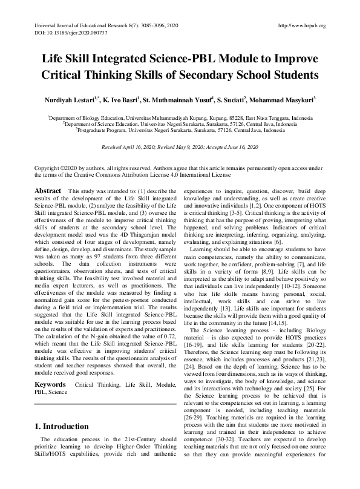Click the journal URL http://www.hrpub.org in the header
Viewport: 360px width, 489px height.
tap(300, 25)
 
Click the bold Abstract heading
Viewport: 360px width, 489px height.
tap(48, 191)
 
